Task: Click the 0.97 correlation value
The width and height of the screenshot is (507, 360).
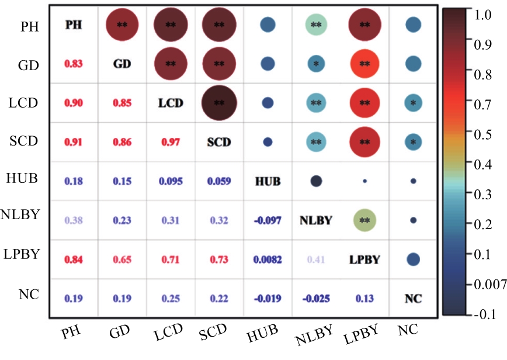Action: [170, 142]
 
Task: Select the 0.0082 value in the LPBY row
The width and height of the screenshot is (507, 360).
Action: [268, 259]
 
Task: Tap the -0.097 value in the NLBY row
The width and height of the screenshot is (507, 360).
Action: [268, 220]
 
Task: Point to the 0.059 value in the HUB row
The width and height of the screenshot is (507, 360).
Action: [219, 181]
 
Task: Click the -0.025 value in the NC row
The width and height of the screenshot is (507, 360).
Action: [316, 298]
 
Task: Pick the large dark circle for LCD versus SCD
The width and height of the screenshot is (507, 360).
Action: [219, 103]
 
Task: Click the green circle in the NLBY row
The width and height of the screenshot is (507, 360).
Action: [364, 220]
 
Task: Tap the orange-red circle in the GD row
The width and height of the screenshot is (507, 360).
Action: [364, 64]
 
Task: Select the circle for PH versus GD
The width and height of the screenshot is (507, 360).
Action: [122, 25]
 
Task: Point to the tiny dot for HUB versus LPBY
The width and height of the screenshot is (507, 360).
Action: [364, 181]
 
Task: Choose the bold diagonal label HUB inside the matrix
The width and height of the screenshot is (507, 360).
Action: [268, 181]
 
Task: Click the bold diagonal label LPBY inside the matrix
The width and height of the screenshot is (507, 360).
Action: [364, 259]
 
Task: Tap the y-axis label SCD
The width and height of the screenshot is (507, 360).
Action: [24, 141]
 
